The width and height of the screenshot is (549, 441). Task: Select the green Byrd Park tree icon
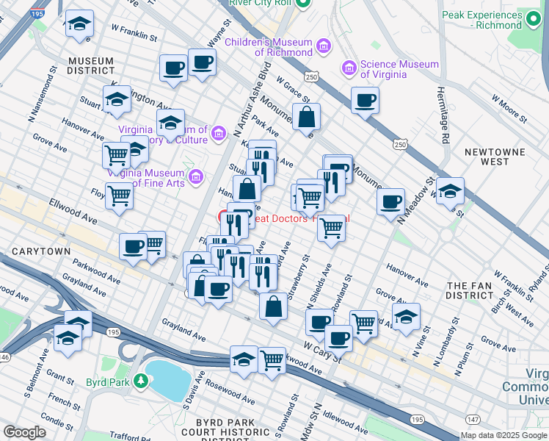point(147,381)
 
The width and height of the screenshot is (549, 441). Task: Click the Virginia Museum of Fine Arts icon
point(195,176)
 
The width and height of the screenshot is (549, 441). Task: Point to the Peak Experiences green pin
point(533,20)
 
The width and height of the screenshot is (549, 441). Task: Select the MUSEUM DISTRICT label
point(91,66)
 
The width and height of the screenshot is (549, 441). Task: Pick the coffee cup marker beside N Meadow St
point(390,201)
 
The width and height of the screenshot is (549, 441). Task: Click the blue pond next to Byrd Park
point(168,378)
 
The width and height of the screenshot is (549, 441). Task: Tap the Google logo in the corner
point(24,432)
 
